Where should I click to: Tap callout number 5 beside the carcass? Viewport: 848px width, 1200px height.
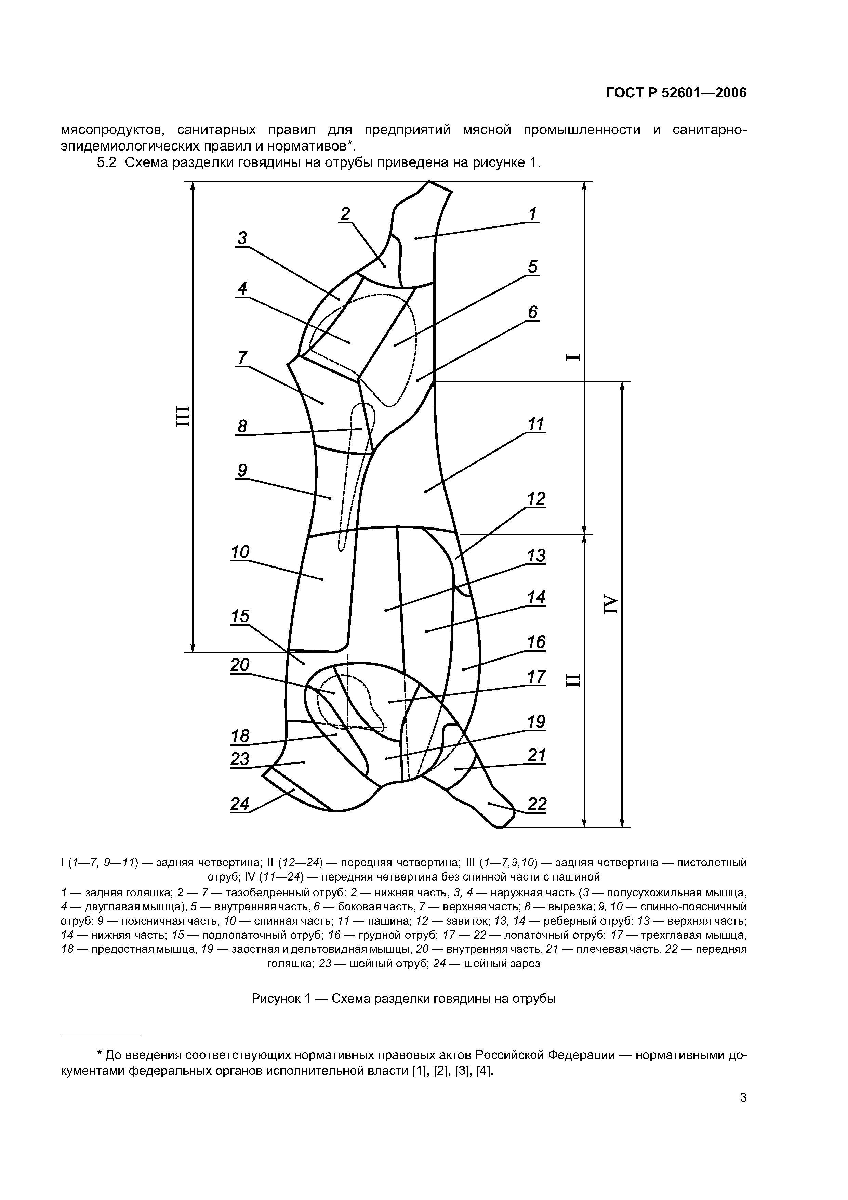point(532,267)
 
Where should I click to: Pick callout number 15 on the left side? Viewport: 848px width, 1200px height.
point(240,616)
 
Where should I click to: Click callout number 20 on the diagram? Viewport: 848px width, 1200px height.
point(240,665)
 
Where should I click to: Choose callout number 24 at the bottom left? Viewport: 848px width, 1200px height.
point(240,803)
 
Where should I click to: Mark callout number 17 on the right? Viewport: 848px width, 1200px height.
point(536,677)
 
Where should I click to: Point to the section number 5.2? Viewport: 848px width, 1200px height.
point(109,163)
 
